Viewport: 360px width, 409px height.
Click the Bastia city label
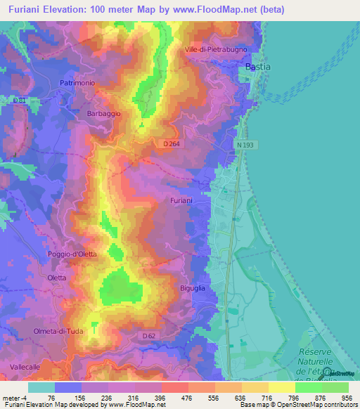tap(257, 67)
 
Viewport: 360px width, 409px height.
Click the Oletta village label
tap(56, 278)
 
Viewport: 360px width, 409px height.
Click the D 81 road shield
tap(20, 100)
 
